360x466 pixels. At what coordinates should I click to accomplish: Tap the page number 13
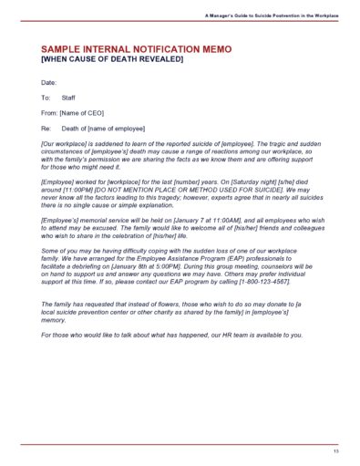pos(335,450)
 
